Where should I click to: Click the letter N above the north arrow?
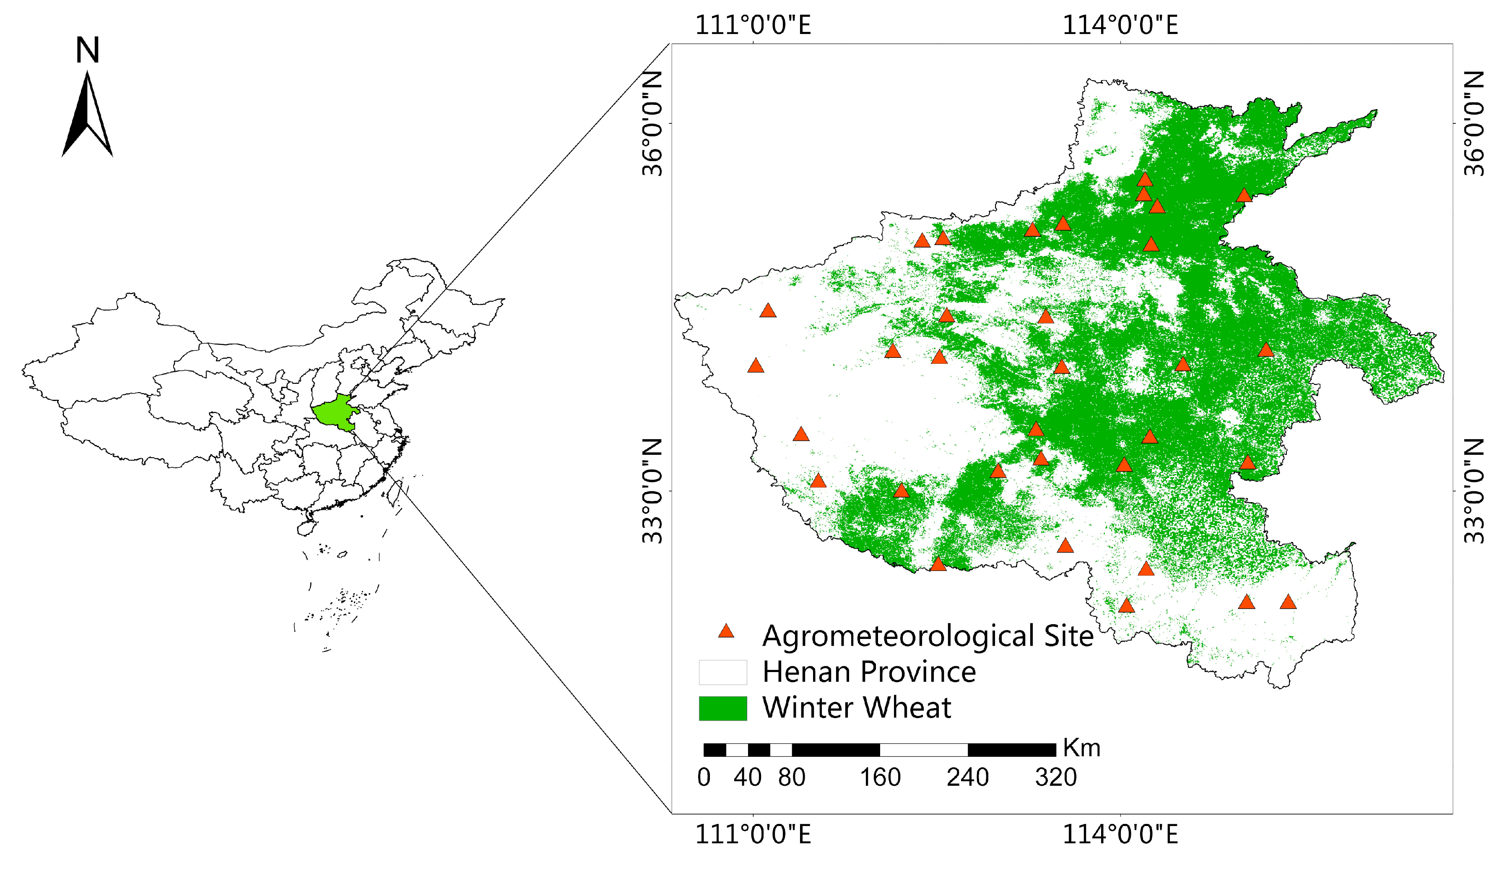(x=87, y=50)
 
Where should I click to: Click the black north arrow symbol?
(x=87, y=117)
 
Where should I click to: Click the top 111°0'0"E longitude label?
(x=753, y=26)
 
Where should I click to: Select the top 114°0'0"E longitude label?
(x=1120, y=26)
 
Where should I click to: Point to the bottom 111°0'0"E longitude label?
(x=753, y=834)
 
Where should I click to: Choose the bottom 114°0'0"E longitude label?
(x=1120, y=834)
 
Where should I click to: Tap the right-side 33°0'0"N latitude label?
(x=1475, y=491)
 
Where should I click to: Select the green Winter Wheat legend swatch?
(x=722, y=708)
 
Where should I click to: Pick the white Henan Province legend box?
(x=722, y=672)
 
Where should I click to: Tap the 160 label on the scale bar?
(x=880, y=778)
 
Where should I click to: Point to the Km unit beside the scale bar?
(x=1081, y=748)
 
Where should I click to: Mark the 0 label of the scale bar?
(x=704, y=778)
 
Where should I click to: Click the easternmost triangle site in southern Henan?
(x=1288, y=602)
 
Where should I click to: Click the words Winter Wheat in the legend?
(x=856, y=708)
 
